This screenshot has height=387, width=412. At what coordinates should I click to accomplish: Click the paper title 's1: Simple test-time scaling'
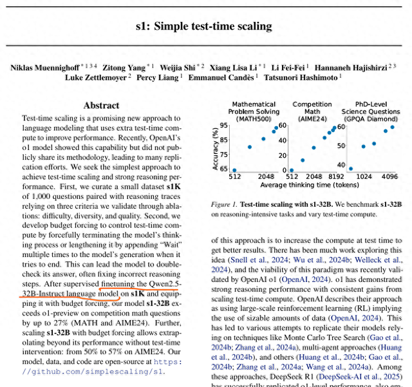click(203, 26)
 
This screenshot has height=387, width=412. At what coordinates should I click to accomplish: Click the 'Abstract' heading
click(101, 105)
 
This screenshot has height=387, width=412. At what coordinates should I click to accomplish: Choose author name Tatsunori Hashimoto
click(303, 77)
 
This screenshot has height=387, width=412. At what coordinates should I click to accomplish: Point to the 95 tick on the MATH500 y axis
click(224, 126)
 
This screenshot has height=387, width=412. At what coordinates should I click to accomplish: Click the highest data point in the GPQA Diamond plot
click(393, 127)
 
